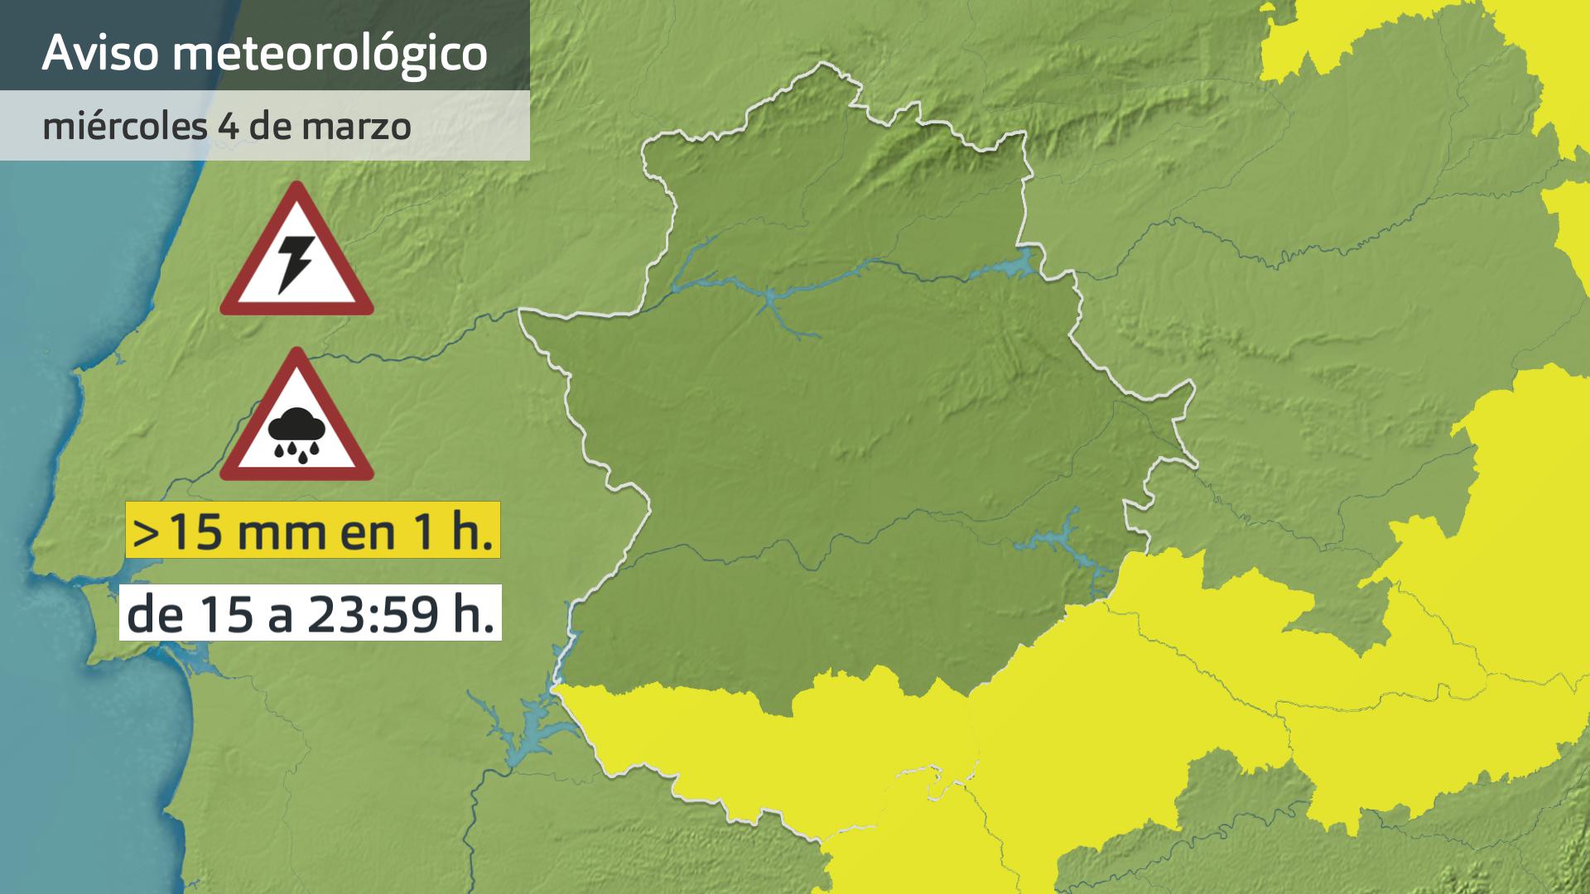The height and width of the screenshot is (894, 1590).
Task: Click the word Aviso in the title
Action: tap(100, 53)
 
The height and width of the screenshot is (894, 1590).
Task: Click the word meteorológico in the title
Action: tap(330, 55)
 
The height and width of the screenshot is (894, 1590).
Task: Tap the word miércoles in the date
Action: tap(124, 127)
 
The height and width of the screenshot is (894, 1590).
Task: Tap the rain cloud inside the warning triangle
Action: tap(296, 434)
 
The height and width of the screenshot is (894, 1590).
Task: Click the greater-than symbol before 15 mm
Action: tap(145, 532)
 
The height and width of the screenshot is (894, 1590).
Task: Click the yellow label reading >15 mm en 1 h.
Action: tap(312, 530)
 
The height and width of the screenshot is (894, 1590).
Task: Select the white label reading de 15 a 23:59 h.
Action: tap(311, 613)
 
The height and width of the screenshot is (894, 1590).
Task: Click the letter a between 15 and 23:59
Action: tap(281, 618)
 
